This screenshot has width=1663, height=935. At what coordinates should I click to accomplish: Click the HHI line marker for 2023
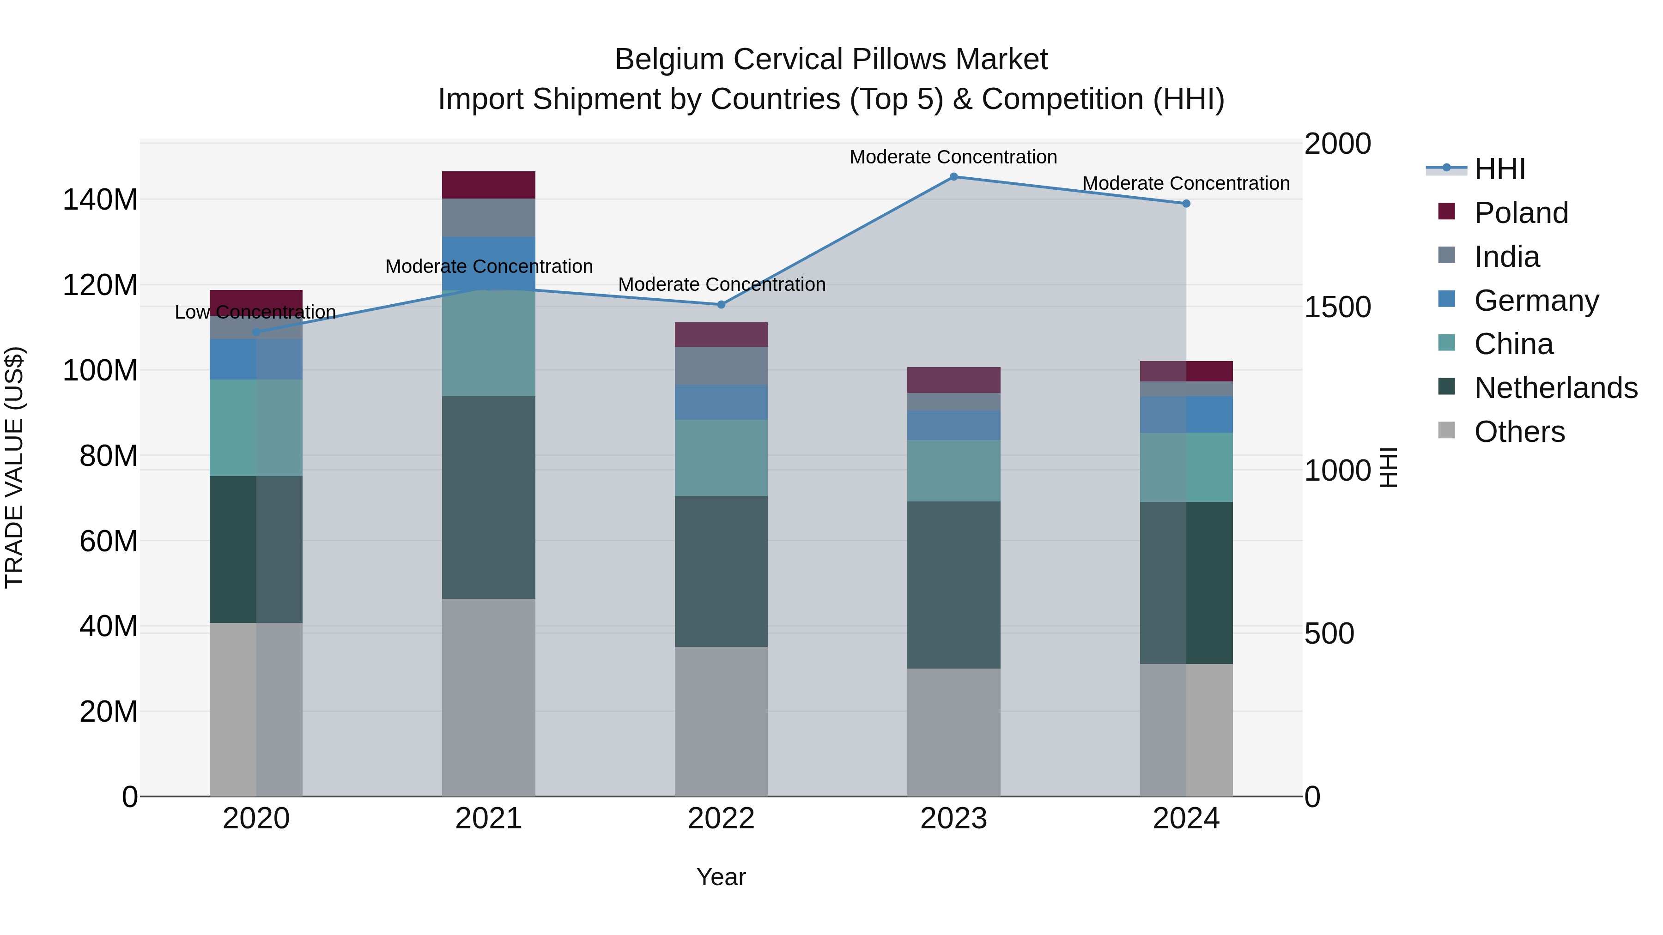pyautogui.click(x=953, y=177)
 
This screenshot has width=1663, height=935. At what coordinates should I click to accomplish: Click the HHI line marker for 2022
pyautogui.click(x=721, y=305)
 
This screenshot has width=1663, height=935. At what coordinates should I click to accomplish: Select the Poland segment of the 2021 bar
pyautogui.click(x=489, y=185)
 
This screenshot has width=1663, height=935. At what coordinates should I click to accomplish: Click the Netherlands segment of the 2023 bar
pyautogui.click(x=953, y=585)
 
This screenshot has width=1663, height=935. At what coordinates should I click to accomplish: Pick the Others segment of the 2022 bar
pyautogui.click(x=721, y=721)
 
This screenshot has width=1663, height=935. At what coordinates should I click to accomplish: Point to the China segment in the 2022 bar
pyautogui.click(x=721, y=458)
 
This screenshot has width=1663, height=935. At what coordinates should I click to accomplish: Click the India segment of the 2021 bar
pyautogui.click(x=489, y=218)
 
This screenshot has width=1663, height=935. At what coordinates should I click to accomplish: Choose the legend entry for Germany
pyautogui.click(x=1536, y=301)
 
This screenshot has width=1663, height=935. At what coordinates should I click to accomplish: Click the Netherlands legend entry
pyautogui.click(x=1555, y=388)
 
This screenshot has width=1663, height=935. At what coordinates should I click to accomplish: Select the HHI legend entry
pyautogui.click(x=1499, y=169)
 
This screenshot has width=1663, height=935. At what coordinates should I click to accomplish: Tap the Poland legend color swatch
pyautogui.click(x=1447, y=211)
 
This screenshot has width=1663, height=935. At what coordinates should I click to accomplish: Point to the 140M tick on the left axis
pyautogui.click(x=100, y=199)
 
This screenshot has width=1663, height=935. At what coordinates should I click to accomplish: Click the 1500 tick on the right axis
pyautogui.click(x=1337, y=307)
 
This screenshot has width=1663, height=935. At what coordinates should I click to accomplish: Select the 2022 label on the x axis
pyautogui.click(x=721, y=819)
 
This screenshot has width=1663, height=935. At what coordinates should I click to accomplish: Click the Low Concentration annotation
pyautogui.click(x=255, y=312)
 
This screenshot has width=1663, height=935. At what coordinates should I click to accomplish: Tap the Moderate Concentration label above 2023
pyautogui.click(x=953, y=157)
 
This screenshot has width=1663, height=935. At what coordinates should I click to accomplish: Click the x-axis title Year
pyautogui.click(x=721, y=877)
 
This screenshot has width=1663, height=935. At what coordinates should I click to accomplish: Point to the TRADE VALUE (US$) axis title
pyautogui.click(x=14, y=467)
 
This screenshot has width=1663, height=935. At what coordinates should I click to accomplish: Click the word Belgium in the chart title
pyautogui.click(x=669, y=60)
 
